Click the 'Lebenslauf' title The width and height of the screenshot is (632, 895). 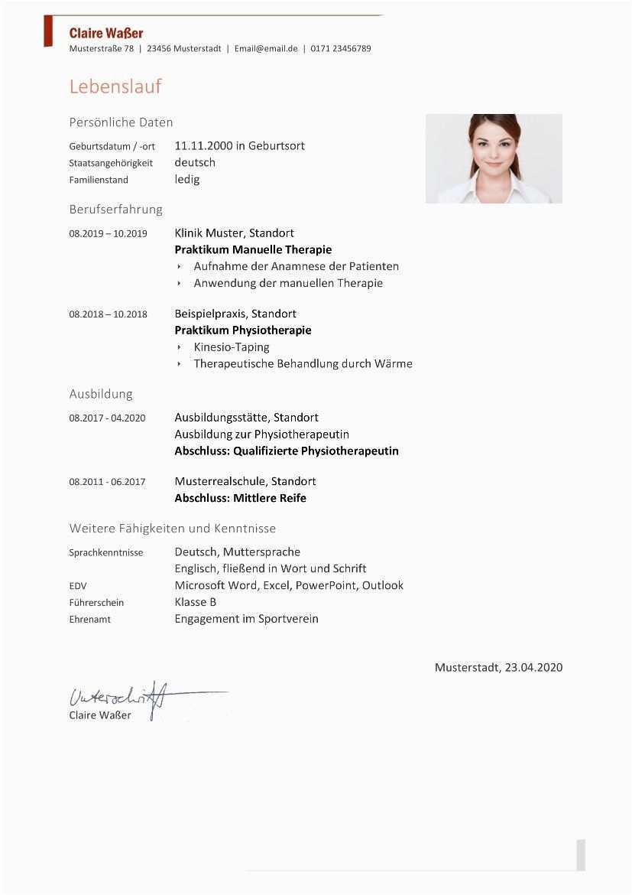point(115,86)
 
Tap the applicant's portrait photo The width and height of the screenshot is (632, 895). point(494,158)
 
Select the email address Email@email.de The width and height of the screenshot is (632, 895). point(266,48)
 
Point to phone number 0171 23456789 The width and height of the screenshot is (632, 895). point(342,48)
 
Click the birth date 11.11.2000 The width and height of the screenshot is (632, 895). point(204,145)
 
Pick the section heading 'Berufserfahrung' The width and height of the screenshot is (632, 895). point(115,209)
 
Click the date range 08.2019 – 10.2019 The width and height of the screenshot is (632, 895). point(108,233)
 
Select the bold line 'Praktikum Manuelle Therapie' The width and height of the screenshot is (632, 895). point(253,249)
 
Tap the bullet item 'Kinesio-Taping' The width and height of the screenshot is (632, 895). point(232,347)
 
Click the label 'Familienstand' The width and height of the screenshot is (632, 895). point(99,180)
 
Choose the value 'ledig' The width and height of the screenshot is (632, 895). point(186,179)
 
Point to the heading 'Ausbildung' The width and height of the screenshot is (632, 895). point(101,394)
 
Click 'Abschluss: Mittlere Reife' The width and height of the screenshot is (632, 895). point(240,498)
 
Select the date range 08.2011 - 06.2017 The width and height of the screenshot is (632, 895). point(107,482)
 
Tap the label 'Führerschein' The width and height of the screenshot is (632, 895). point(96,603)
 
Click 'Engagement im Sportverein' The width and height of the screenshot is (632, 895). point(246,618)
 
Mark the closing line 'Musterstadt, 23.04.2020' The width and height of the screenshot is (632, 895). point(498,667)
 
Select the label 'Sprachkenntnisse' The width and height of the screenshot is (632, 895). point(105,552)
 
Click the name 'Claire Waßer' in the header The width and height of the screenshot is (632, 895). point(105,33)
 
